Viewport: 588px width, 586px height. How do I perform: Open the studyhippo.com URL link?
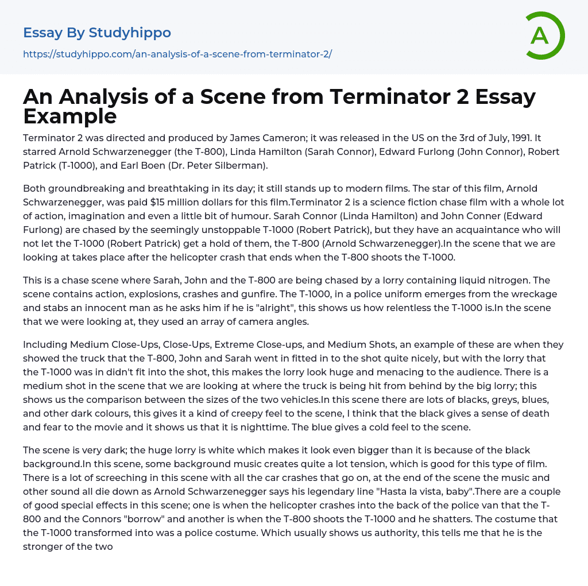click(x=177, y=55)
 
